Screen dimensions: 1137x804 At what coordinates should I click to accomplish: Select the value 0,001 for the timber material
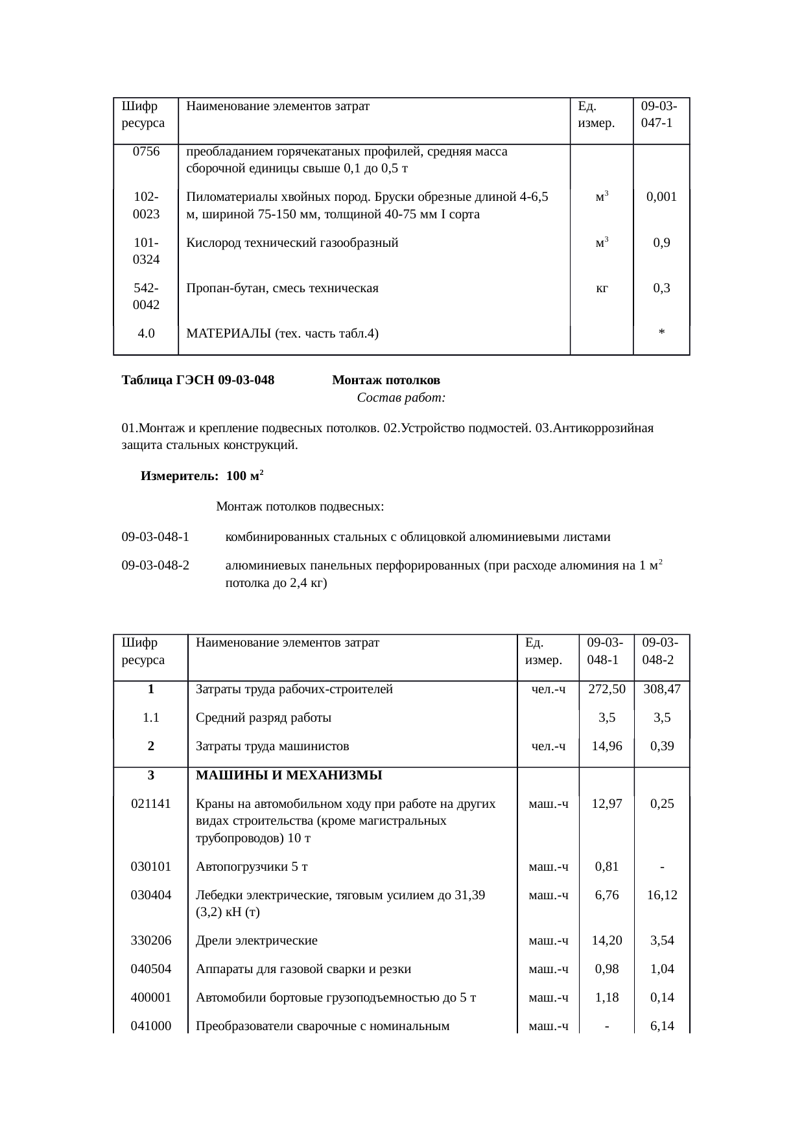pos(661,197)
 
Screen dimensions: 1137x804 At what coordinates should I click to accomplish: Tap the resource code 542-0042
pos(146,296)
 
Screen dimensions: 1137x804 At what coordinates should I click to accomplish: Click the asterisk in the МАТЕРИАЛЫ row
pos(661,334)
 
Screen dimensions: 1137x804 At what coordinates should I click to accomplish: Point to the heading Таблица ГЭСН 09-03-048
pos(198,380)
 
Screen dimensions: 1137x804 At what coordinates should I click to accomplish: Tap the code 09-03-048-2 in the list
pos(156,566)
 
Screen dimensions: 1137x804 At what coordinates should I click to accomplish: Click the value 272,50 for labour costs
pos(606,689)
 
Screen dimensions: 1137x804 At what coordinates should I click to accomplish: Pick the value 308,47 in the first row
pos(661,689)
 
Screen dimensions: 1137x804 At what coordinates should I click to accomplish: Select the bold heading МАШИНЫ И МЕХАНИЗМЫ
pos(289,775)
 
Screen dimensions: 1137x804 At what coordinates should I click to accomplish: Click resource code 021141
pos(150,804)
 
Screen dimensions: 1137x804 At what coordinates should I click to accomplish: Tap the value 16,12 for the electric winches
pos(661,895)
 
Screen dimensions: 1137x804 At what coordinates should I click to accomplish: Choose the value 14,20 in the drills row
pos(606,941)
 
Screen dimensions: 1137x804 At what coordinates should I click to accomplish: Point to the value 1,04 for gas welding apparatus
pos(661,969)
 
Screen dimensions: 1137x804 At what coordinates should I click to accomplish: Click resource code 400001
pos(150,998)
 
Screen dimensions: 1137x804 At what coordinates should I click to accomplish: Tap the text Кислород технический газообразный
pos(292,244)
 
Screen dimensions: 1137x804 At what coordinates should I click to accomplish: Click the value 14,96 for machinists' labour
pos(606,746)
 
